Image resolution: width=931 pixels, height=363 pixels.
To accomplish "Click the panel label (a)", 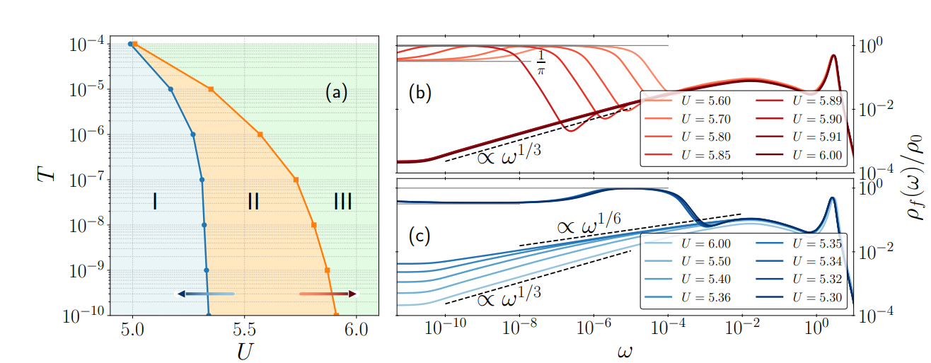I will click(336, 92).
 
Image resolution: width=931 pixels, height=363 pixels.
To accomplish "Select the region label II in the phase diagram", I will click(253, 202).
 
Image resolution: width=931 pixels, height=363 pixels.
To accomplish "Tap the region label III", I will click(342, 202).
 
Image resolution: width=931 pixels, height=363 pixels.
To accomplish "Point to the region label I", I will click(154, 202).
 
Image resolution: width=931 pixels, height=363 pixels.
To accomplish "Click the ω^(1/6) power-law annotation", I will click(588, 226).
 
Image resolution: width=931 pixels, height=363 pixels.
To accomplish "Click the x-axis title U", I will click(244, 350).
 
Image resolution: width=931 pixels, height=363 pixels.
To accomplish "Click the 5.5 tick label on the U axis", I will click(244, 330).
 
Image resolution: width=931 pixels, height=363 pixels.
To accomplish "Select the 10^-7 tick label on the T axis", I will click(88, 180).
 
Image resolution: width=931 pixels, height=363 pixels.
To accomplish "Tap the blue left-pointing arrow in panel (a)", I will click(205, 293).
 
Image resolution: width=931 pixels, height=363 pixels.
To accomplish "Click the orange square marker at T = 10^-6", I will click(260, 134).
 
